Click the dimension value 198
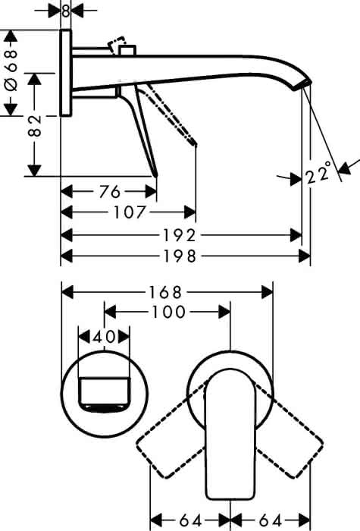click(180, 256)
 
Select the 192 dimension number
click(180, 235)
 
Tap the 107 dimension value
click(130, 212)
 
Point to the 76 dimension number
click(110, 192)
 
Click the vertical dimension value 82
click(35, 125)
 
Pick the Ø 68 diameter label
click(11, 71)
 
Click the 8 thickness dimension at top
click(66, 11)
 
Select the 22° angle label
click(318, 173)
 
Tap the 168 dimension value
click(166, 292)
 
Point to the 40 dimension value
click(104, 337)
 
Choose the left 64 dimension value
click(190, 520)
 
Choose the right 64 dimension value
click(271, 520)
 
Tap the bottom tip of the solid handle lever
click(156, 176)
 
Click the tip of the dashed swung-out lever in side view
click(196, 145)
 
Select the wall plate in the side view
click(66, 73)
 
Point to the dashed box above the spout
click(117, 46)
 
